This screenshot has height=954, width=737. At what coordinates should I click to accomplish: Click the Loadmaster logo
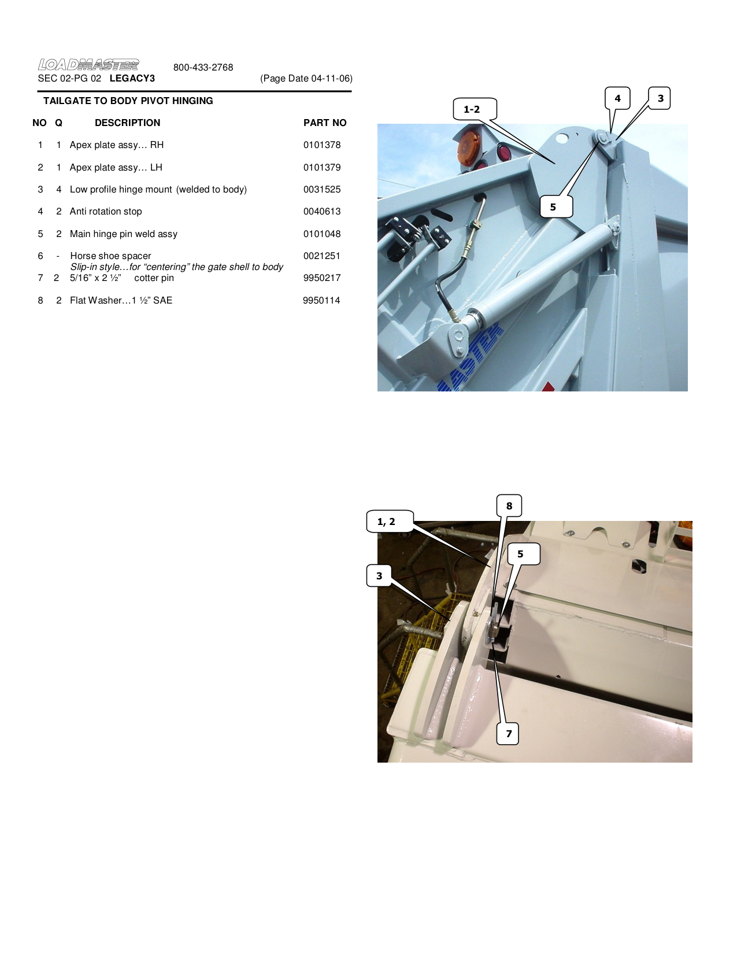[x=88, y=64]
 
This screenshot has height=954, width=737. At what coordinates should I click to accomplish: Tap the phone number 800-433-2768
[x=203, y=68]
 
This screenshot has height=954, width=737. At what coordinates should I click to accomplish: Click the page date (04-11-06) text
[x=306, y=79]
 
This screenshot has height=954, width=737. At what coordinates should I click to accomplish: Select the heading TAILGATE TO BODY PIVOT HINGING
[x=128, y=101]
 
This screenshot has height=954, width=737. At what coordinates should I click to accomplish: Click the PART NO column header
[x=324, y=123]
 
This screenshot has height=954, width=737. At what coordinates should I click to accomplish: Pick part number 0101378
[x=322, y=145]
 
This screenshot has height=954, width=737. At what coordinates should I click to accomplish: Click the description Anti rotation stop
[x=106, y=212]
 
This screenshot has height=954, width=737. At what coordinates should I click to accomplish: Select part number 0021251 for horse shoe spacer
[x=322, y=256]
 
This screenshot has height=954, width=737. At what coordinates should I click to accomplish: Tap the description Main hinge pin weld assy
[x=123, y=234]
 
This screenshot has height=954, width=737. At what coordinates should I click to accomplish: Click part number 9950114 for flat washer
[x=321, y=301]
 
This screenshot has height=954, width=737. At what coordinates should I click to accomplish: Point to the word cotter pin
[x=154, y=278]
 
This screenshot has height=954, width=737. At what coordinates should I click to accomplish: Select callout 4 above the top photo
[x=617, y=98]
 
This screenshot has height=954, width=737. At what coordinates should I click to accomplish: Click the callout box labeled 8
[x=509, y=506]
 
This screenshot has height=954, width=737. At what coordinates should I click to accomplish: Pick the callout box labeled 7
[x=508, y=734]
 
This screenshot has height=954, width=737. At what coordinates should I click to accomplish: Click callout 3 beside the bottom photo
[x=379, y=576]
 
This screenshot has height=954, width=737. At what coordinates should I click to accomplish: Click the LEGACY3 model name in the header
[x=132, y=79]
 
